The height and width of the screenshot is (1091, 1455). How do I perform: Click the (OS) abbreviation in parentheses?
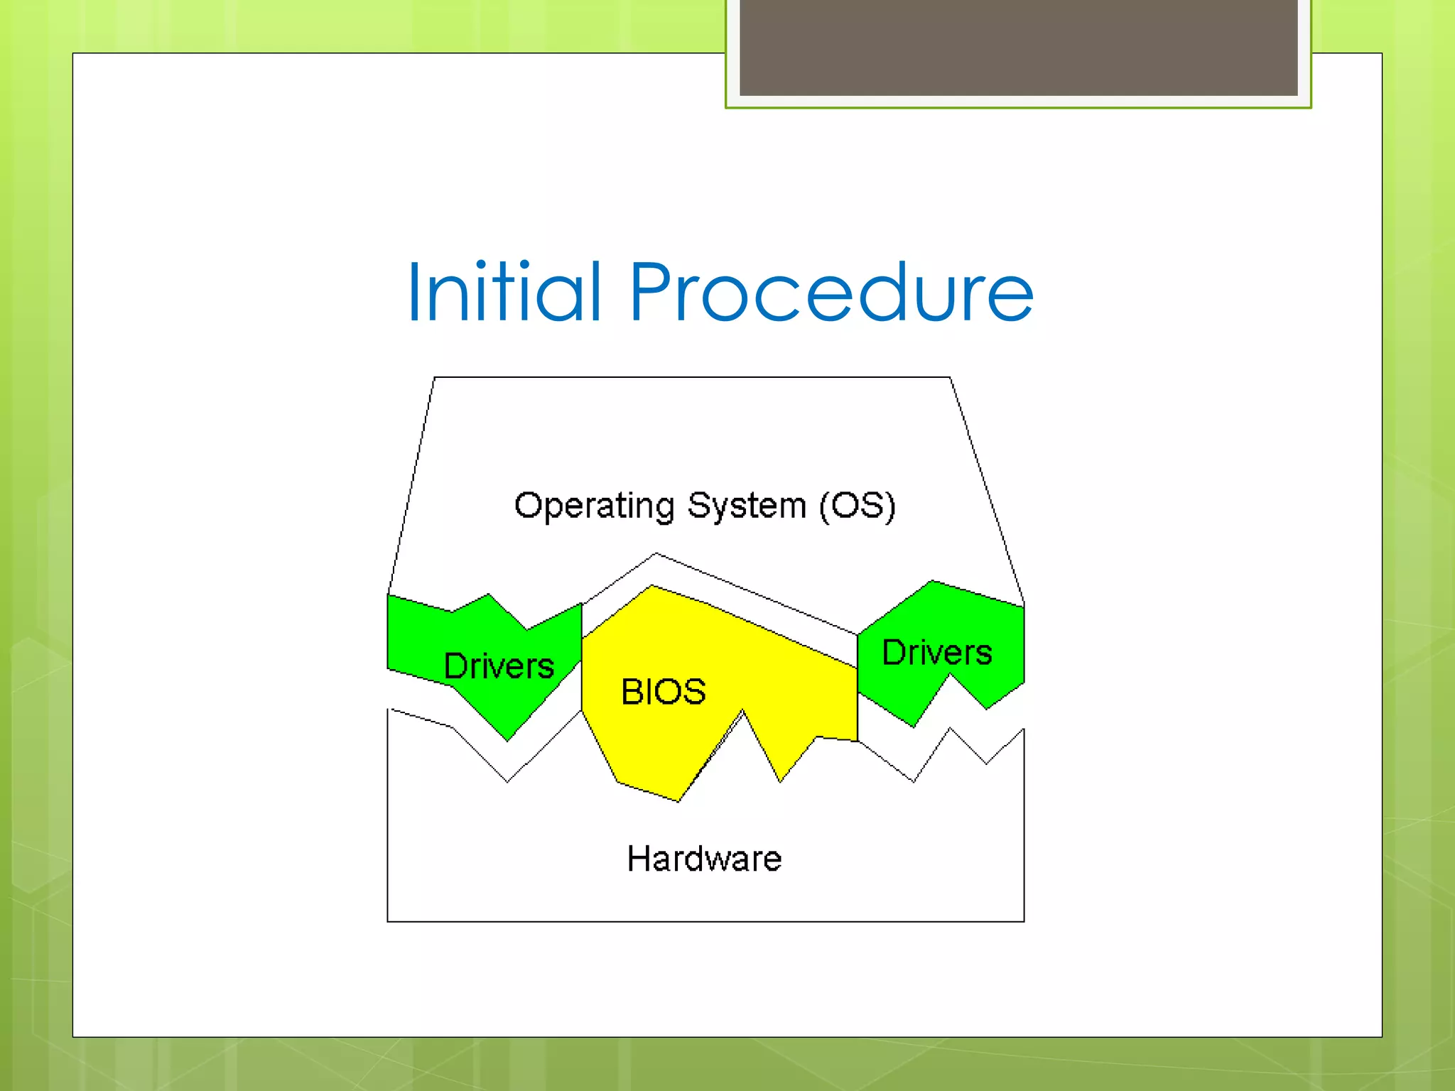pyautogui.click(x=857, y=506)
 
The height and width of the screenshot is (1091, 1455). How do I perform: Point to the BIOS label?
pyautogui.click(x=664, y=692)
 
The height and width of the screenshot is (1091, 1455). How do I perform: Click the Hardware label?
pyautogui.click(x=704, y=859)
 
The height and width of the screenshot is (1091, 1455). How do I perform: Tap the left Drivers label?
pyautogui.click(x=499, y=666)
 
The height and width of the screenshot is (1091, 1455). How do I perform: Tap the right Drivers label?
pyautogui.click(x=937, y=653)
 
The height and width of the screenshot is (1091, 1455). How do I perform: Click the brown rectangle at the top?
pyautogui.click(x=1018, y=47)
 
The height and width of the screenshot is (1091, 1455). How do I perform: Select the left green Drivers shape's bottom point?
pyautogui.click(x=507, y=740)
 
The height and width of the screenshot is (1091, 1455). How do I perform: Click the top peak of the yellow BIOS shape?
pyautogui.click(x=652, y=586)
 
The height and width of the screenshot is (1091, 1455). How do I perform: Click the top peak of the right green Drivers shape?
pyautogui.click(x=931, y=581)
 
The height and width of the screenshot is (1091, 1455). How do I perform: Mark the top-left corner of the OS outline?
pyautogui.click(x=434, y=377)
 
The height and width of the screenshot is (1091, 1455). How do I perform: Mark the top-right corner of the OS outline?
pyautogui.click(x=950, y=377)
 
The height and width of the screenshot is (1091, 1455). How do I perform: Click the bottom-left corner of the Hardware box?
pyautogui.click(x=388, y=921)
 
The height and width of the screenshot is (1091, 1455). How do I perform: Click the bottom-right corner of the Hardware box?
pyautogui.click(x=1024, y=921)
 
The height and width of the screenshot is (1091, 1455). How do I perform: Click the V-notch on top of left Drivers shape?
pyautogui.click(x=527, y=629)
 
